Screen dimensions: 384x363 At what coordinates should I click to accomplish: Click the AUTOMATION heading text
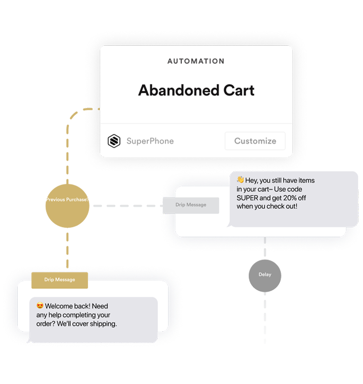(196, 61)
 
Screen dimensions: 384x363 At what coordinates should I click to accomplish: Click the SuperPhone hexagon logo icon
(114, 141)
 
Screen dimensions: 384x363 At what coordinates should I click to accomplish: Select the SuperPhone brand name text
(150, 141)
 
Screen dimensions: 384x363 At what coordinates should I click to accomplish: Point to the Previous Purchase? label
(67, 199)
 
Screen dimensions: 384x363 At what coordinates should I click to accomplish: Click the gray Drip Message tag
(191, 205)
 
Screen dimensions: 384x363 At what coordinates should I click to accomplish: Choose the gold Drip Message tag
(60, 279)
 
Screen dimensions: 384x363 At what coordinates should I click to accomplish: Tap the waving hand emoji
(241, 180)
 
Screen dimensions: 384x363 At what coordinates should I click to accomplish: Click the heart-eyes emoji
(40, 306)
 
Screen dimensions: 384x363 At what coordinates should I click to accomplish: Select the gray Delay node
(265, 275)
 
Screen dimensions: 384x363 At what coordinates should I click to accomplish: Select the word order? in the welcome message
(46, 324)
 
